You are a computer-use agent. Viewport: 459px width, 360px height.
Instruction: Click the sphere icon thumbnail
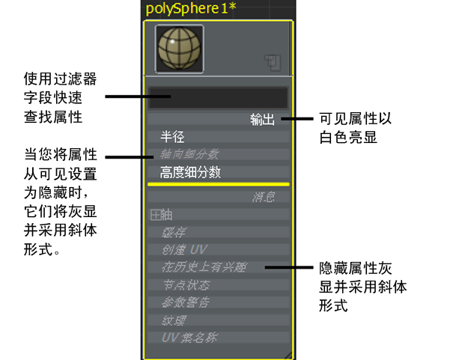tap(179, 49)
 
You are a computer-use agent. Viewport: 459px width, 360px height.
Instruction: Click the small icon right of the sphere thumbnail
tap(272, 64)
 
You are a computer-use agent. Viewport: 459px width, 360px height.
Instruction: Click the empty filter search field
tap(217, 98)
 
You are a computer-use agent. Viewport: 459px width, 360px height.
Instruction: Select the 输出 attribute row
tap(262, 120)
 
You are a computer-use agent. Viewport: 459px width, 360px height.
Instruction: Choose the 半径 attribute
tap(172, 137)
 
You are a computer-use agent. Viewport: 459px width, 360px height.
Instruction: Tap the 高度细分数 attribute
tap(190, 172)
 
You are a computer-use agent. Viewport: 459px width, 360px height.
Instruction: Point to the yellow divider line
tap(217, 183)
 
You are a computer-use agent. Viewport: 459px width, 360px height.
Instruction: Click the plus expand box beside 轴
tap(155, 215)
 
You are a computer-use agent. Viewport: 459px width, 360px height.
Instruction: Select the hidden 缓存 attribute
tap(174, 232)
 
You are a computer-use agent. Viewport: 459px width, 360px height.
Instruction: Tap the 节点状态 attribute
tap(186, 285)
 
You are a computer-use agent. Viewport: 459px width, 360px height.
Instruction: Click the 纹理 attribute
tap(174, 320)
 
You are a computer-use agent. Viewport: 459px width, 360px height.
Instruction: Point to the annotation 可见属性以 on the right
tap(356, 119)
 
